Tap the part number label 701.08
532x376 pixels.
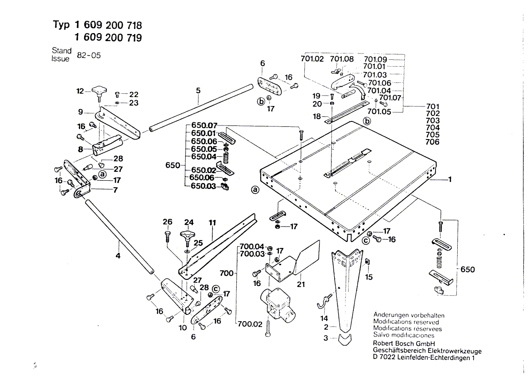(342, 59)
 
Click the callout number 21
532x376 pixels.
(301, 284)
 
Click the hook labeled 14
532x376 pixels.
(324, 301)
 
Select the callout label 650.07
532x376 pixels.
(204, 125)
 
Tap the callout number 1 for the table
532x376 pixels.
(450, 179)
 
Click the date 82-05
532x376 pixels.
(89, 55)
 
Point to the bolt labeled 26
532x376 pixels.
(167, 236)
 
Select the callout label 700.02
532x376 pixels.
(250, 324)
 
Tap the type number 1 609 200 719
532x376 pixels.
(108, 37)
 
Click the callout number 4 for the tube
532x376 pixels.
(118, 255)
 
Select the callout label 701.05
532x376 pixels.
(379, 111)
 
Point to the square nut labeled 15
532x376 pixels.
(367, 262)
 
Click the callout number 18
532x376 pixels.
(316, 116)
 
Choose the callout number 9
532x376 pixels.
(81, 112)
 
